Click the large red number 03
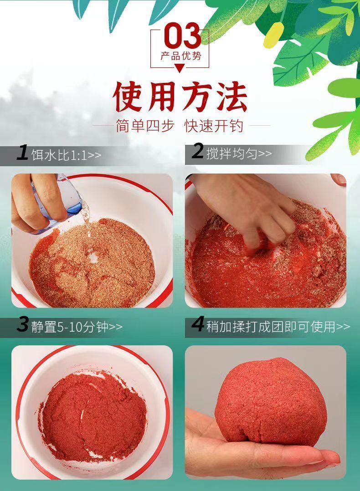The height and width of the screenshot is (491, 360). pos(182,36)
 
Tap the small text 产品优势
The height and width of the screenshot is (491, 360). pos(181,56)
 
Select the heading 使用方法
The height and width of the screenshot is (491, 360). pos(180,97)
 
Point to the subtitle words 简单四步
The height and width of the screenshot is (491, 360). pos(145,126)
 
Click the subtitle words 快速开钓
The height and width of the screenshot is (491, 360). pos(214,126)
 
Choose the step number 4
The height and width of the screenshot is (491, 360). pos(198,324)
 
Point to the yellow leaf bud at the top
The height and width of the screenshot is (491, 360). pos(273,35)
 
